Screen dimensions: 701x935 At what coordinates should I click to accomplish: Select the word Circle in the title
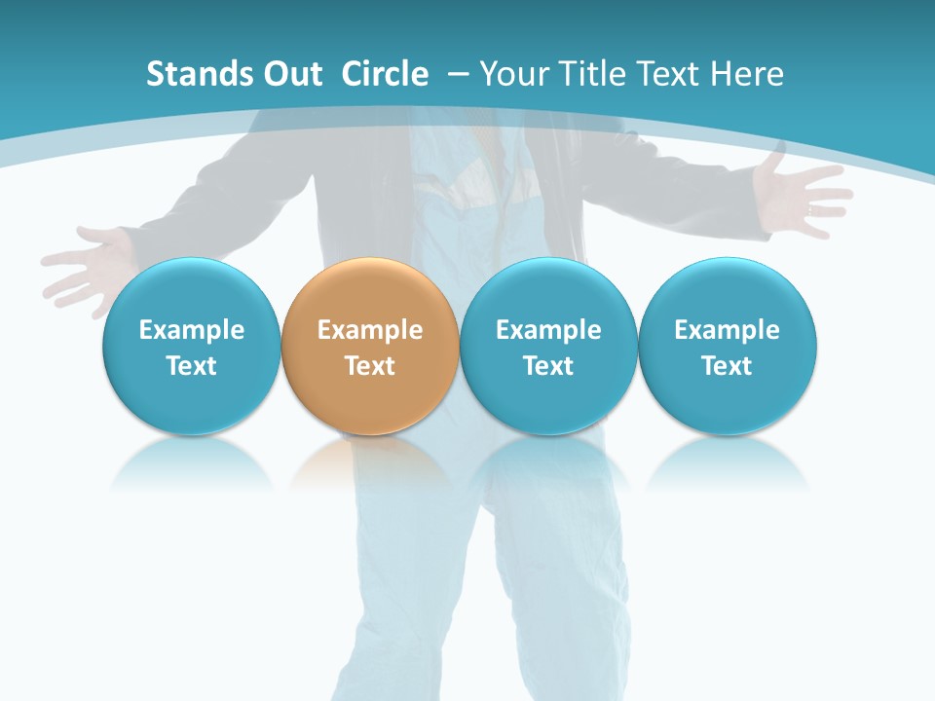coord(385,74)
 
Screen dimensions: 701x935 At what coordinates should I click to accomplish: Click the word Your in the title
coord(512,74)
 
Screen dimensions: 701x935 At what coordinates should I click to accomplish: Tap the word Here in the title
coord(748,74)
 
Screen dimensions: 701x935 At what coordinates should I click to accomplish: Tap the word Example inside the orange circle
coord(370,330)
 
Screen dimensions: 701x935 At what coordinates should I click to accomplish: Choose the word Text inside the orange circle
coord(370,366)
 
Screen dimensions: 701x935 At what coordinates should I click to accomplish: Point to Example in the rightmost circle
coord(728,330)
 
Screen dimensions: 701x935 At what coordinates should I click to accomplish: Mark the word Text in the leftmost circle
coord(191,366)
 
